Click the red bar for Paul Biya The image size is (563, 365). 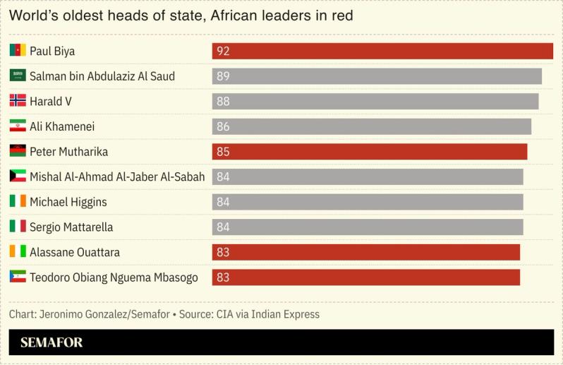coord(382,51)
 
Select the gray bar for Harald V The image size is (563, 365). coord(375,102)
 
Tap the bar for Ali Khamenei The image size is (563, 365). coord(372,126)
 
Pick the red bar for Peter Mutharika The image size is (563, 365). coord(370,152)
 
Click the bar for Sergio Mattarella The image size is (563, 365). coord(368,227)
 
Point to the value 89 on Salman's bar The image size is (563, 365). coord(223,76)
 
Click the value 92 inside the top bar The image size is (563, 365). coord(223,51)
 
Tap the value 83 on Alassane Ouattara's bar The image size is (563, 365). coord(223,252)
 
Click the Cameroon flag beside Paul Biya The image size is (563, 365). coord(18,51)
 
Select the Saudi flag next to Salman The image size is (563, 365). coord(18,76)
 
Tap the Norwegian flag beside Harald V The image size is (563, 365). coord(18,101)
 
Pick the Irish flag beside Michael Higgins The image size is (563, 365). coord(18,202)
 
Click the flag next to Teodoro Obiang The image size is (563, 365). coord(18,277)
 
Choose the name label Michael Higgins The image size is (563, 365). coord(68,202)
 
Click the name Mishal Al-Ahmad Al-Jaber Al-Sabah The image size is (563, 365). coord(117,176)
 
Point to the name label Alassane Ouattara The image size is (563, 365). coord(75,252)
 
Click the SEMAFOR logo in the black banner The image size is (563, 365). coord(52,343)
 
